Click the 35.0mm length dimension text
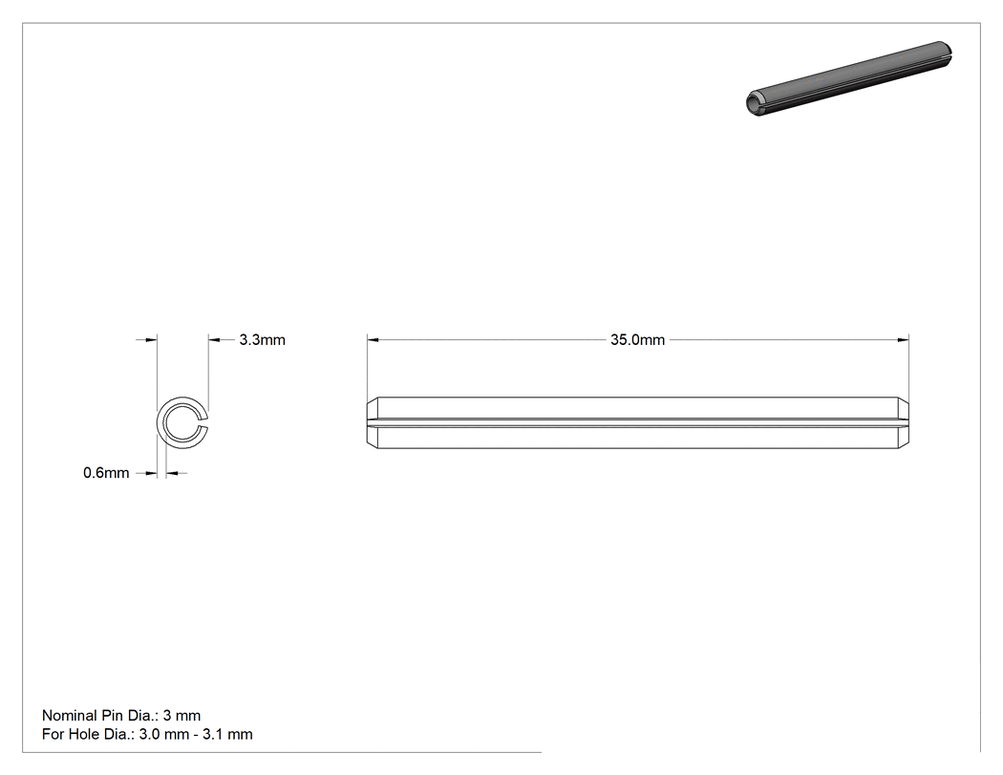637,340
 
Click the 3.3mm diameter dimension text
263,340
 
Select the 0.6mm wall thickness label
106,473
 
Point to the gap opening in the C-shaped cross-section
205,423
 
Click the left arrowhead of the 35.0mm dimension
373,340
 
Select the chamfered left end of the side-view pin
373,422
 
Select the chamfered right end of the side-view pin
904,422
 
